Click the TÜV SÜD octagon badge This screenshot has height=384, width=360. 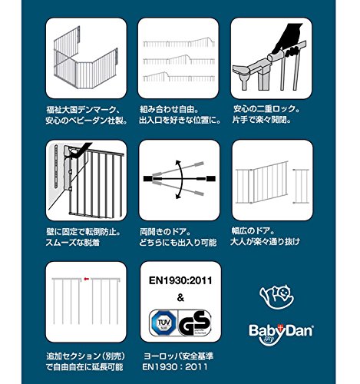[163, 323]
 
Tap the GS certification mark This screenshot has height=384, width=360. [195, 323]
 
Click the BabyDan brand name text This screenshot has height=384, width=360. [281, 330]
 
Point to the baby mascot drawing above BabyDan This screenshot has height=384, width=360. [277, 297]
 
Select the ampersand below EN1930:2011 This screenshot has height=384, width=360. [180, 298]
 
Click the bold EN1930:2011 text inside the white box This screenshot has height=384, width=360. [180, 280]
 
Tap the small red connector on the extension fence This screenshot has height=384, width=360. [86, 278]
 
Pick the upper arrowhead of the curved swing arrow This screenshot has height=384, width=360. [178, 163]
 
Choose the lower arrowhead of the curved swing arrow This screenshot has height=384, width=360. [178, 196]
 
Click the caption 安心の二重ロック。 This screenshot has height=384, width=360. [266, 109]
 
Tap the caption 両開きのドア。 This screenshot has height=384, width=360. [165, 232]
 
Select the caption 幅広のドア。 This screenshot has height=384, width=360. [253, 231]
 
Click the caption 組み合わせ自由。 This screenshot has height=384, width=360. [169, 110]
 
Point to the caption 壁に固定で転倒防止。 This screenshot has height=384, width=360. [84, 232]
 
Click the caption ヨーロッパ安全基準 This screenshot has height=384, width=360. [178, 356]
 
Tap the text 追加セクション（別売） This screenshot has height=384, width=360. [86, 356]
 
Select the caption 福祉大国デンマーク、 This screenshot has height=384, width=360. [83, 110]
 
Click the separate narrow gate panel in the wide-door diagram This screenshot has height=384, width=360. [301, 186]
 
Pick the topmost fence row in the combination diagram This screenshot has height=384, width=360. [179, 43]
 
